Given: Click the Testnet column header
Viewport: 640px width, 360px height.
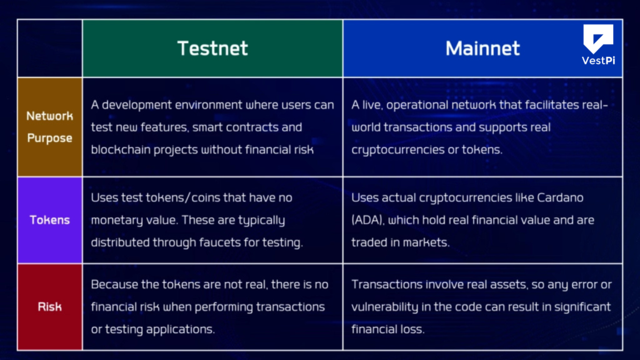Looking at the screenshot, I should pos(212,48).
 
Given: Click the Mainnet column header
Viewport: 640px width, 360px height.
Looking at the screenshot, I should pos(482,48).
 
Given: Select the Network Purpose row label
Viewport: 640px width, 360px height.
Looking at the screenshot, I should pos(50,126).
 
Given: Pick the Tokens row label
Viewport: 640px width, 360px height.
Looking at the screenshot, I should pos(50,220).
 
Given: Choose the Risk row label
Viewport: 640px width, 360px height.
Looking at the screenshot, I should pos(50,307).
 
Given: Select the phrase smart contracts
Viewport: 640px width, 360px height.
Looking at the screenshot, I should pos(237,127).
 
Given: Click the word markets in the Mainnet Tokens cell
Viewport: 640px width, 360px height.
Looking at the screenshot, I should pos(428,242).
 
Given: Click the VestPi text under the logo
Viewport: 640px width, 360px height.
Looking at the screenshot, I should pos(598,61).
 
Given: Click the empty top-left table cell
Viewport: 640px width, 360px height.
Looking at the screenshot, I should pos(50,48).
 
